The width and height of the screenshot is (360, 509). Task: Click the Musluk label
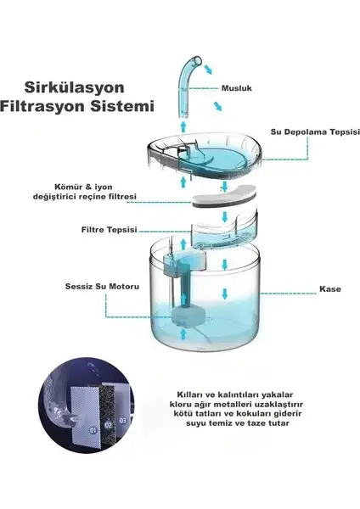tap(237, 88)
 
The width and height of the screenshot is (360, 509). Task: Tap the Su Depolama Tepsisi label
tap(315, 131)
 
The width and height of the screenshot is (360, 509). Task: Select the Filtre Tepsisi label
tap(110, 230)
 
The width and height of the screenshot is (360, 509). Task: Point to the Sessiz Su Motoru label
tap(102, 287)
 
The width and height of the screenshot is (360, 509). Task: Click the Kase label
tap(330, 289)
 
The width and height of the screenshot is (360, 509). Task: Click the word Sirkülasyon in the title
tap(75, 87)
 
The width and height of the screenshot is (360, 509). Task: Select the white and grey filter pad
tap(223, 196)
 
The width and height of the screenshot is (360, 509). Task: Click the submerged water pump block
tap(188, 316)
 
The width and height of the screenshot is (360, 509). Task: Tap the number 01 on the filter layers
tap(93, 430)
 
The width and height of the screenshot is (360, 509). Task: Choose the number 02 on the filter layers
tap(108, 425)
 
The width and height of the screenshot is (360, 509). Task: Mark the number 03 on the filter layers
tap(123, 421)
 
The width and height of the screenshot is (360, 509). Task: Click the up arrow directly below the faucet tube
tap(183, 126)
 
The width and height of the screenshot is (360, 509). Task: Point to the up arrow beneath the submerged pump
tap(183, 333)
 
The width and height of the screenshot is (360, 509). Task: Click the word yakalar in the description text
tap(278, 395)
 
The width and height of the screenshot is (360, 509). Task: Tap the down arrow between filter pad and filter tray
tap(224, 216)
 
